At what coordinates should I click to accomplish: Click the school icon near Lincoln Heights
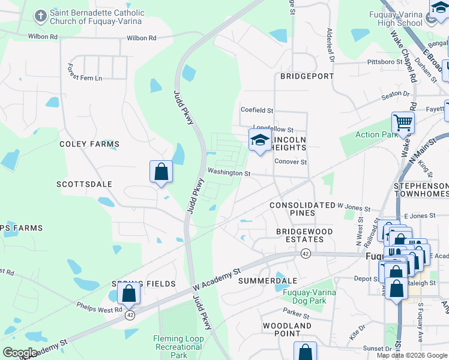pyautogui.click(x=259, y=140)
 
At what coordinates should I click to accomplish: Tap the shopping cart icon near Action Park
pyautogui.click(x=403, y=124)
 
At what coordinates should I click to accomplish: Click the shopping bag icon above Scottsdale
pyautogui.click(x=161, y=172)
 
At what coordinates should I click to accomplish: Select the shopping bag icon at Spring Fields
pyautogui.click(x=128, y=293)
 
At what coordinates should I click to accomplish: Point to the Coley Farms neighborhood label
pyautogui.click(x=89, y=144)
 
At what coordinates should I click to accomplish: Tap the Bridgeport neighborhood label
pyautogui.click(x=306, y=76)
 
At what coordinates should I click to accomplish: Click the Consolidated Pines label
pyautogui.click(x=302, y=209)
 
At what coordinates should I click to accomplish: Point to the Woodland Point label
pyautogui.click(x=287, y=329)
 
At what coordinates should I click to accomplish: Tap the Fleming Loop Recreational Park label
pyautogui.click(x=178, y=347)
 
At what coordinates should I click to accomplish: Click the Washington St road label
pyautogui.click(x=229, y=173)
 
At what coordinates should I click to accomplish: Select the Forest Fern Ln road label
pyautogui.click(x=85, y=73)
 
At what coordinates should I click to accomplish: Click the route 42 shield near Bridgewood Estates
pyautogui.click(x=306, y=253)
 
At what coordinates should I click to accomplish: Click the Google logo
pyautogui.click(x=19, y=353)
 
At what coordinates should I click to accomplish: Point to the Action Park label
pyautogui.click(x=376, y=134)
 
